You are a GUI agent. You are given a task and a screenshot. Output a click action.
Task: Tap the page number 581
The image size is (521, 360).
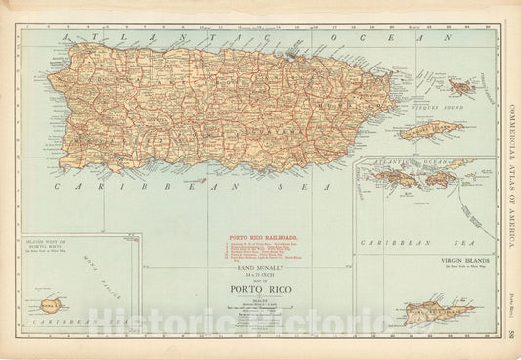512,334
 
